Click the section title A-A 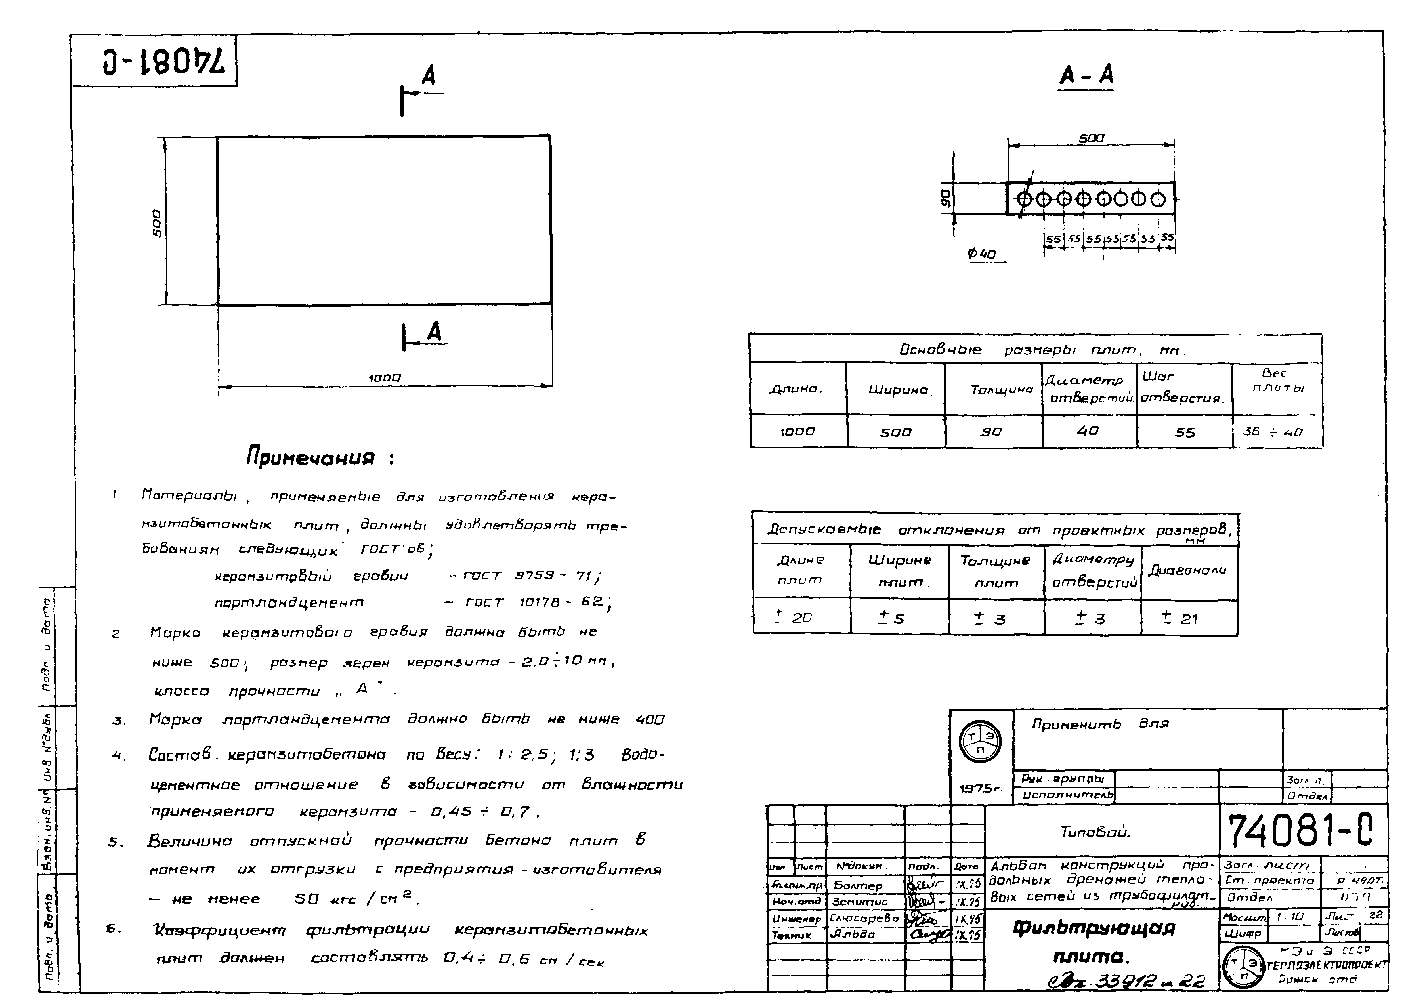pyautogui.click(x=1086, y=76)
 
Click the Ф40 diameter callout pyautogui.click(x=982, y=254)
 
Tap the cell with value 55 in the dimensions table pyautogui.click(x=1185, y=432)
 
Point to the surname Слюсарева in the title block pyautogui.click(x=864, y=919)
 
